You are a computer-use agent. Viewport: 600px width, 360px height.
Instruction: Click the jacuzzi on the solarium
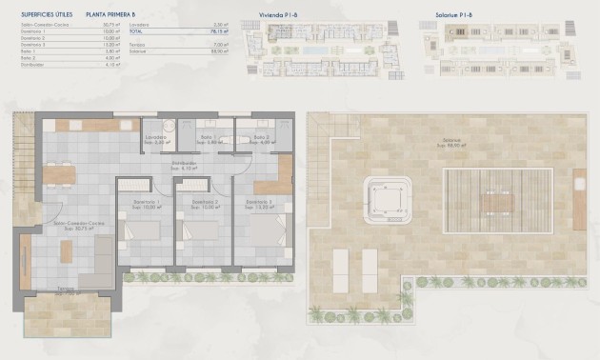click(x=387, y=201)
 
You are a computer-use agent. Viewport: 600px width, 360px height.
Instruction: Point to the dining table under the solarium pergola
click(x=495, y=203)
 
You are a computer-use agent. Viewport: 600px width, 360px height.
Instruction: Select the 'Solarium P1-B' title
click(x=462, y=16)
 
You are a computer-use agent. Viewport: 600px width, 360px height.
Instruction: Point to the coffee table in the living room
click(x=67, y=251)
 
